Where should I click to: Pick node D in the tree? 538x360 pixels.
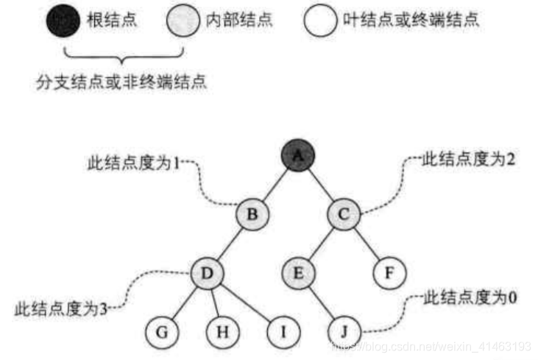click(x=207, y=273)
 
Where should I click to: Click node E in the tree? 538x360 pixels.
click(x=298, y=273)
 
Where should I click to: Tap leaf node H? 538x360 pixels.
click(x=222, y=332)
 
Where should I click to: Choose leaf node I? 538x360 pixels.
click(x=282, y=332)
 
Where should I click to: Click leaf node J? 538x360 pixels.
click(x=343, y=332)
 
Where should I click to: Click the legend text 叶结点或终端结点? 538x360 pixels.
click(x=408, y=21)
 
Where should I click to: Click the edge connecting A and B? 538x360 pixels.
click(x=275, y=184)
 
